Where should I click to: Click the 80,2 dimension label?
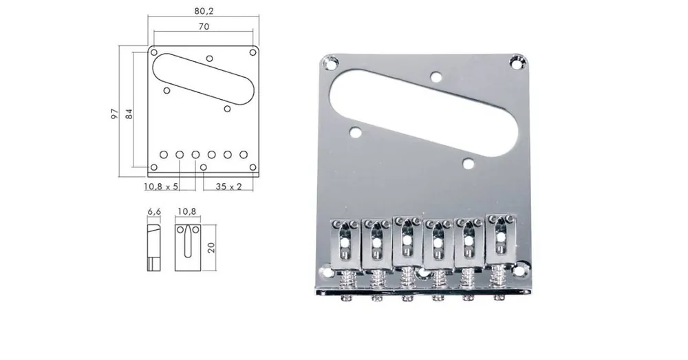(203, 11)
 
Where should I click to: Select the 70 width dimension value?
(203, 26)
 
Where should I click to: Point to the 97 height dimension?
(114, 114)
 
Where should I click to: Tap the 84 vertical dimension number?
(127, 114)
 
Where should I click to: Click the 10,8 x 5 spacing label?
(160, 187)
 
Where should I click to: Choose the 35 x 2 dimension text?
(228, 187)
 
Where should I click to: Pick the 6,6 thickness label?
(154, 212)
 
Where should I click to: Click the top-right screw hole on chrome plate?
(517, 63)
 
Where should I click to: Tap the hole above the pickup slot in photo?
(436, 77)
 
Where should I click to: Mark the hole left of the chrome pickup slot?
(355, 131)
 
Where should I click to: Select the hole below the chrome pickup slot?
(469, 163)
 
